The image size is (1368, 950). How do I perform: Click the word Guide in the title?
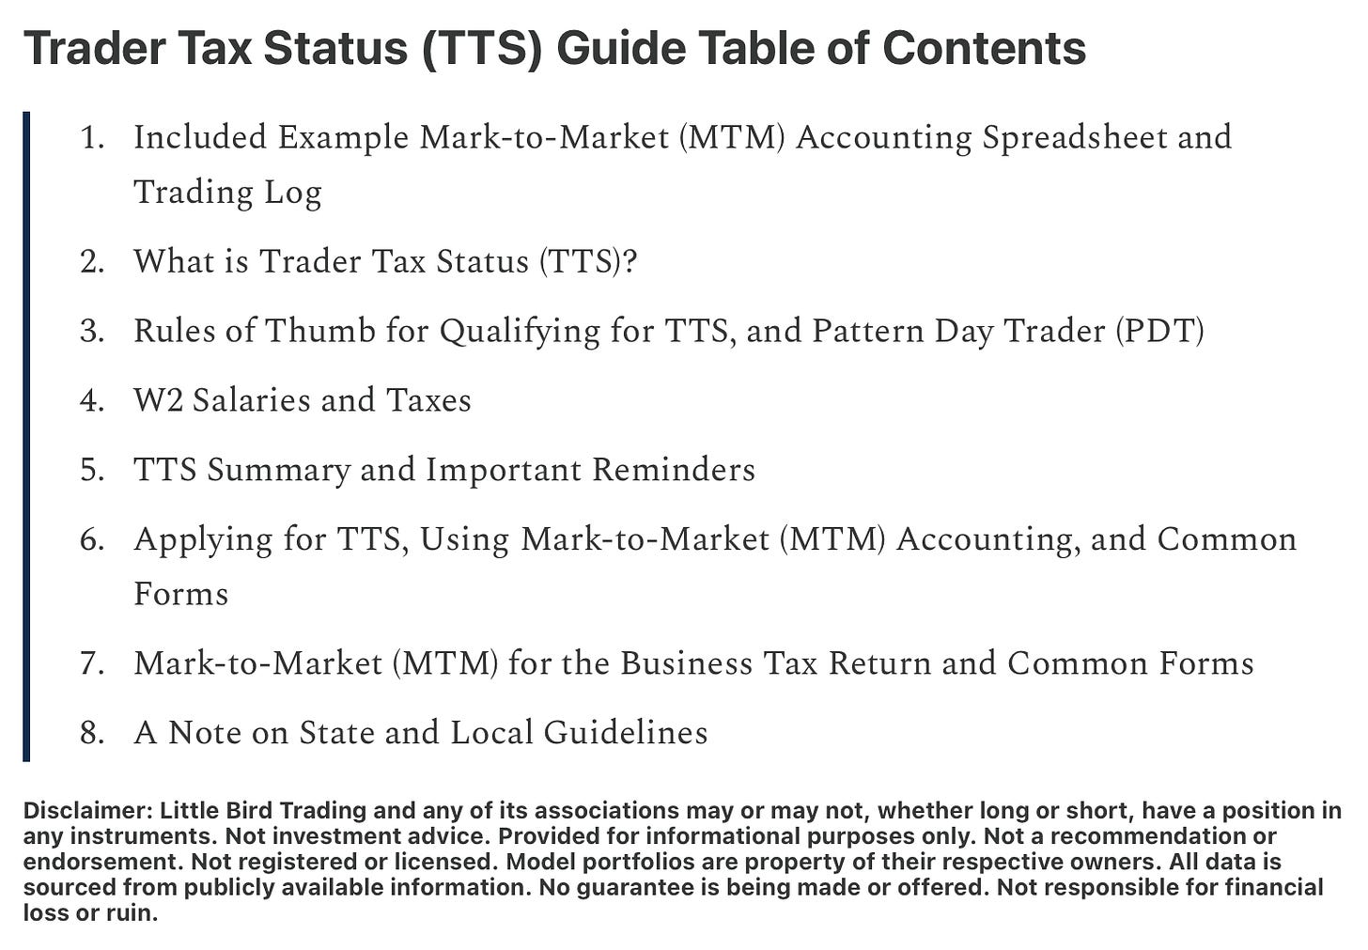tap(620, 48)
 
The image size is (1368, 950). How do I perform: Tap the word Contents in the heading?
tap(984, 48)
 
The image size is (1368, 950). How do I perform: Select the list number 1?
tap(92, 137)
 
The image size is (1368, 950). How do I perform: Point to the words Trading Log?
tap(227, 193)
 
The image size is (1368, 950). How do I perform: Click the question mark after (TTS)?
tap(630, 261)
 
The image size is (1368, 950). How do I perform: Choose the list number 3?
tap(92, 331)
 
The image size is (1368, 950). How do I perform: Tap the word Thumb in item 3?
tap(320, 331)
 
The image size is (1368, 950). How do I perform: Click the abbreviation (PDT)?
tap(1159, 331)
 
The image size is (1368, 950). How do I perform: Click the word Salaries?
tap(252, 400)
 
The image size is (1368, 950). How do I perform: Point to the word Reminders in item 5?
tap(674, 470)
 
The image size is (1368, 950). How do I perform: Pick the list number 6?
tap(92, 540)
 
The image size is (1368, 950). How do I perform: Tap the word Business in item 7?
tap(687, 663)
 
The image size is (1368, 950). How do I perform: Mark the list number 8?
tap(92, 733)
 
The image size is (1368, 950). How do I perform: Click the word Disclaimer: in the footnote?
tap(88, 811)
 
